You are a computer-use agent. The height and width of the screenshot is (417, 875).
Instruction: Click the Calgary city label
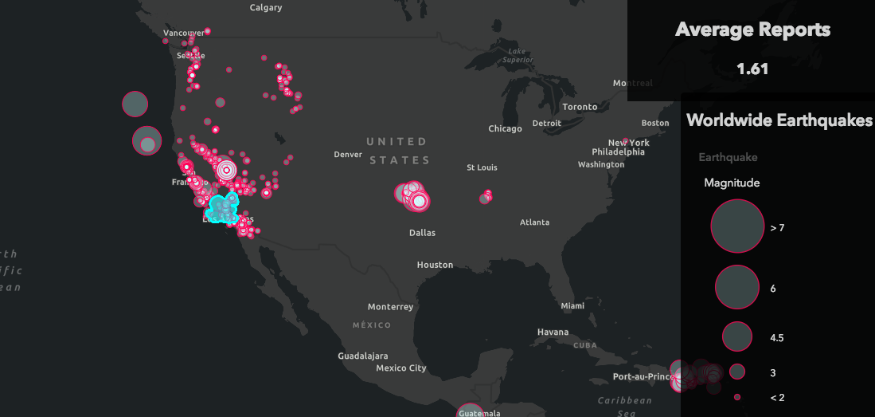point(266,7)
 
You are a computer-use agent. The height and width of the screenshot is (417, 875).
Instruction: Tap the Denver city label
point(348,154)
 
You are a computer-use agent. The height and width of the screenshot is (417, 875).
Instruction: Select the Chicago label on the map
point(505,128)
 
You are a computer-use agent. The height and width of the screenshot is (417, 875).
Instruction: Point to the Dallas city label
point(422,233)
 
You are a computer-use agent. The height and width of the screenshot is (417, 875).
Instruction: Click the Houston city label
point(435,265)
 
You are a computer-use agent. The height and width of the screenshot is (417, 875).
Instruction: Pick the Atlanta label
point(534,222)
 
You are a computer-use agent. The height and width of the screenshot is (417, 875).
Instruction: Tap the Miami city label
point(572,306)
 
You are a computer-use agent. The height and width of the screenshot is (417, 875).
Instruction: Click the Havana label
point(553,332)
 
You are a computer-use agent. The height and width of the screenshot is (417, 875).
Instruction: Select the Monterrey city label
point(390,307)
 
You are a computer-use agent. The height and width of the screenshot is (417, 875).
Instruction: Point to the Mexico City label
point(401,368)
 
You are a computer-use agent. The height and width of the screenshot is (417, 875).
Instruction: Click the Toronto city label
point(580,107)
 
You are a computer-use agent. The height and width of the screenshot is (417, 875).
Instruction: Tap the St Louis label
point(482,167)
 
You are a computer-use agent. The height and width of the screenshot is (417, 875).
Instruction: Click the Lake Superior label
point(518,55)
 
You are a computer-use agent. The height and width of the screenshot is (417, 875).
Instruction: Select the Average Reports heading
point(752,30)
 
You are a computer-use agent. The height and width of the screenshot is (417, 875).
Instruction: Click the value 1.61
point(752,69)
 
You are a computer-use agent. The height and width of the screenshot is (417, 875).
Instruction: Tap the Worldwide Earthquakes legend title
point(779,120)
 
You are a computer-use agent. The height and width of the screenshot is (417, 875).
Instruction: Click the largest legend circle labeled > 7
point(737,226)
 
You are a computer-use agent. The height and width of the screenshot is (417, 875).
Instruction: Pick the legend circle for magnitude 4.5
point(737,336)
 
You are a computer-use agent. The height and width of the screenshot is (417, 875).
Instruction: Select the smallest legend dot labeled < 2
point(737,396)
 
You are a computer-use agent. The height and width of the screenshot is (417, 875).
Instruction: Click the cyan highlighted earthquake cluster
point(221,207)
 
